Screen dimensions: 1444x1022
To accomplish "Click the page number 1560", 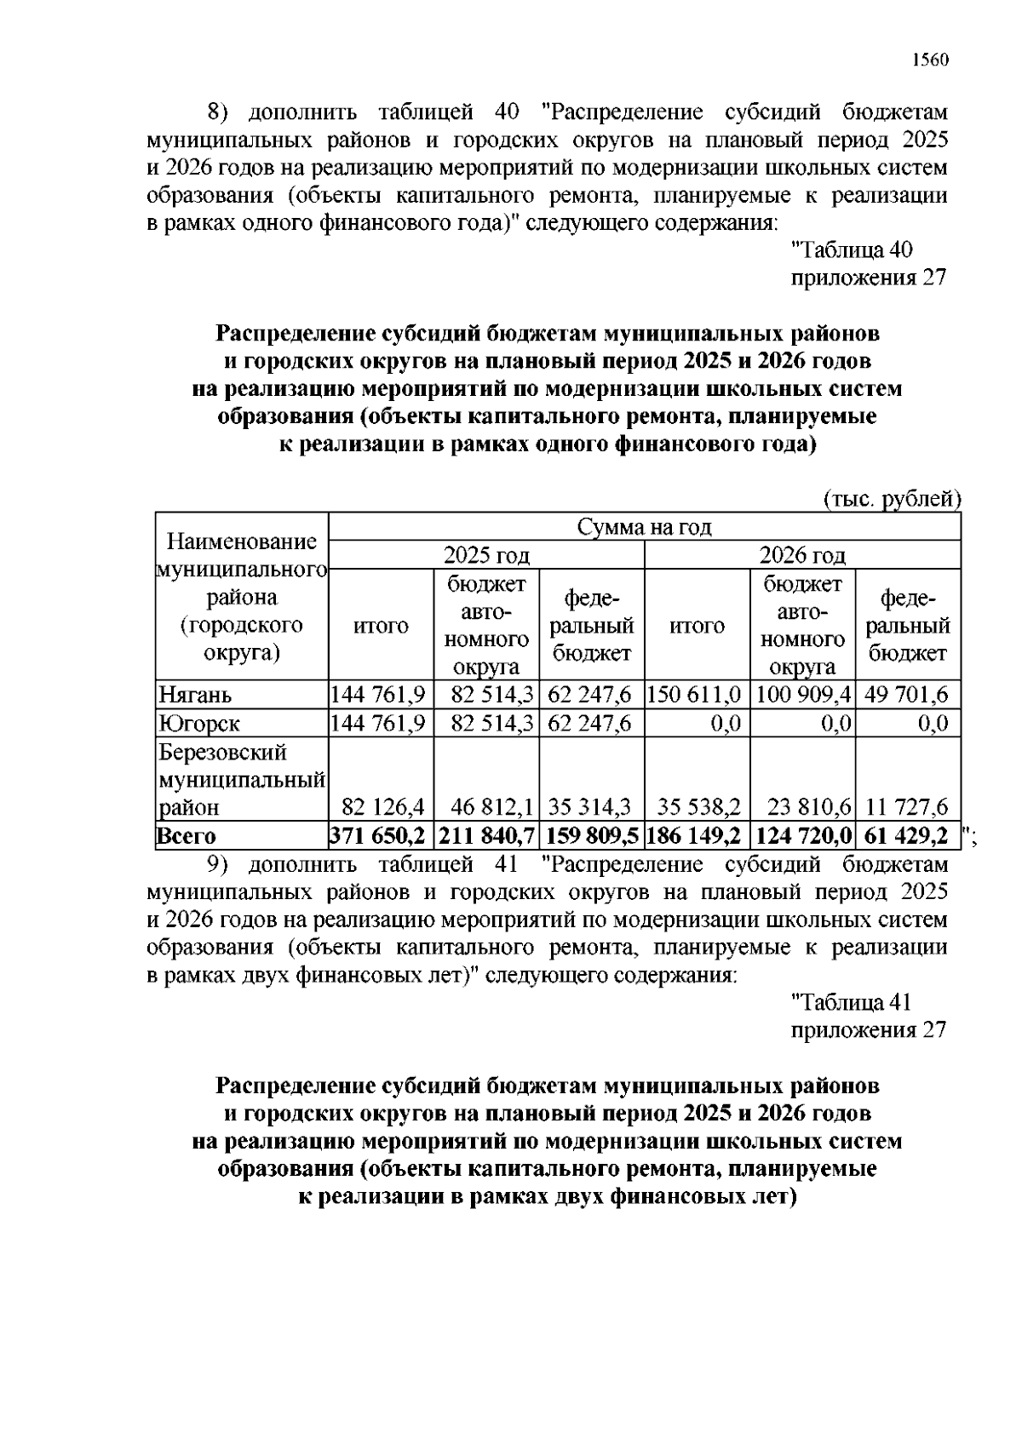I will (929, 60).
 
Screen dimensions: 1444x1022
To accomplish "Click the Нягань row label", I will (195, 695).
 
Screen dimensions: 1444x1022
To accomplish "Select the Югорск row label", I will (199, 724).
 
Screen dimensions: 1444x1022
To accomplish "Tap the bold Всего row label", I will (186, 836).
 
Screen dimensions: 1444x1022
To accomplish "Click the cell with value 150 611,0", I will (697, 695).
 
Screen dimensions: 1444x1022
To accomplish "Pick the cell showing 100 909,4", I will (802, 695).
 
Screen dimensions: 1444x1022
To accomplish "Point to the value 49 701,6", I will (907, 695).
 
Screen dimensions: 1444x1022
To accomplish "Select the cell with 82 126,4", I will (382, 807).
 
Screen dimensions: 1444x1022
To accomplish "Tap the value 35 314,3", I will (590, 807).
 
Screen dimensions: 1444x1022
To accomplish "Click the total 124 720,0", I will (802, 836).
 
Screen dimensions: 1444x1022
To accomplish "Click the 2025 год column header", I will (486, 556).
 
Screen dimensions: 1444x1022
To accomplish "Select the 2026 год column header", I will (802, 556).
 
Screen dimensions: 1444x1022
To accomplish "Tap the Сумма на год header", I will (644, 527).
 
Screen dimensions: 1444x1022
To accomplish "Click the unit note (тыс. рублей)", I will (892, 499).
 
